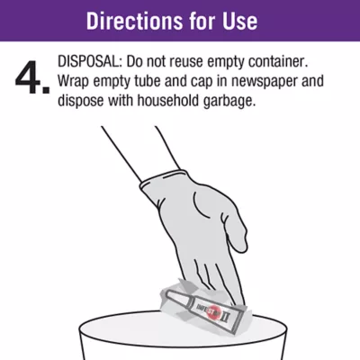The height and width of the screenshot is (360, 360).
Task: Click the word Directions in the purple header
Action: (134, 21)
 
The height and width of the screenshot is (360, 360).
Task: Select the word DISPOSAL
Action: (89, 62)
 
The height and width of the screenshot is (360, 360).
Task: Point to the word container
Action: (279, 62)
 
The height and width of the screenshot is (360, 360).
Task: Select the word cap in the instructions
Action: (202, 83)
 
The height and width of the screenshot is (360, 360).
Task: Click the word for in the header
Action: (202, 21)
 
